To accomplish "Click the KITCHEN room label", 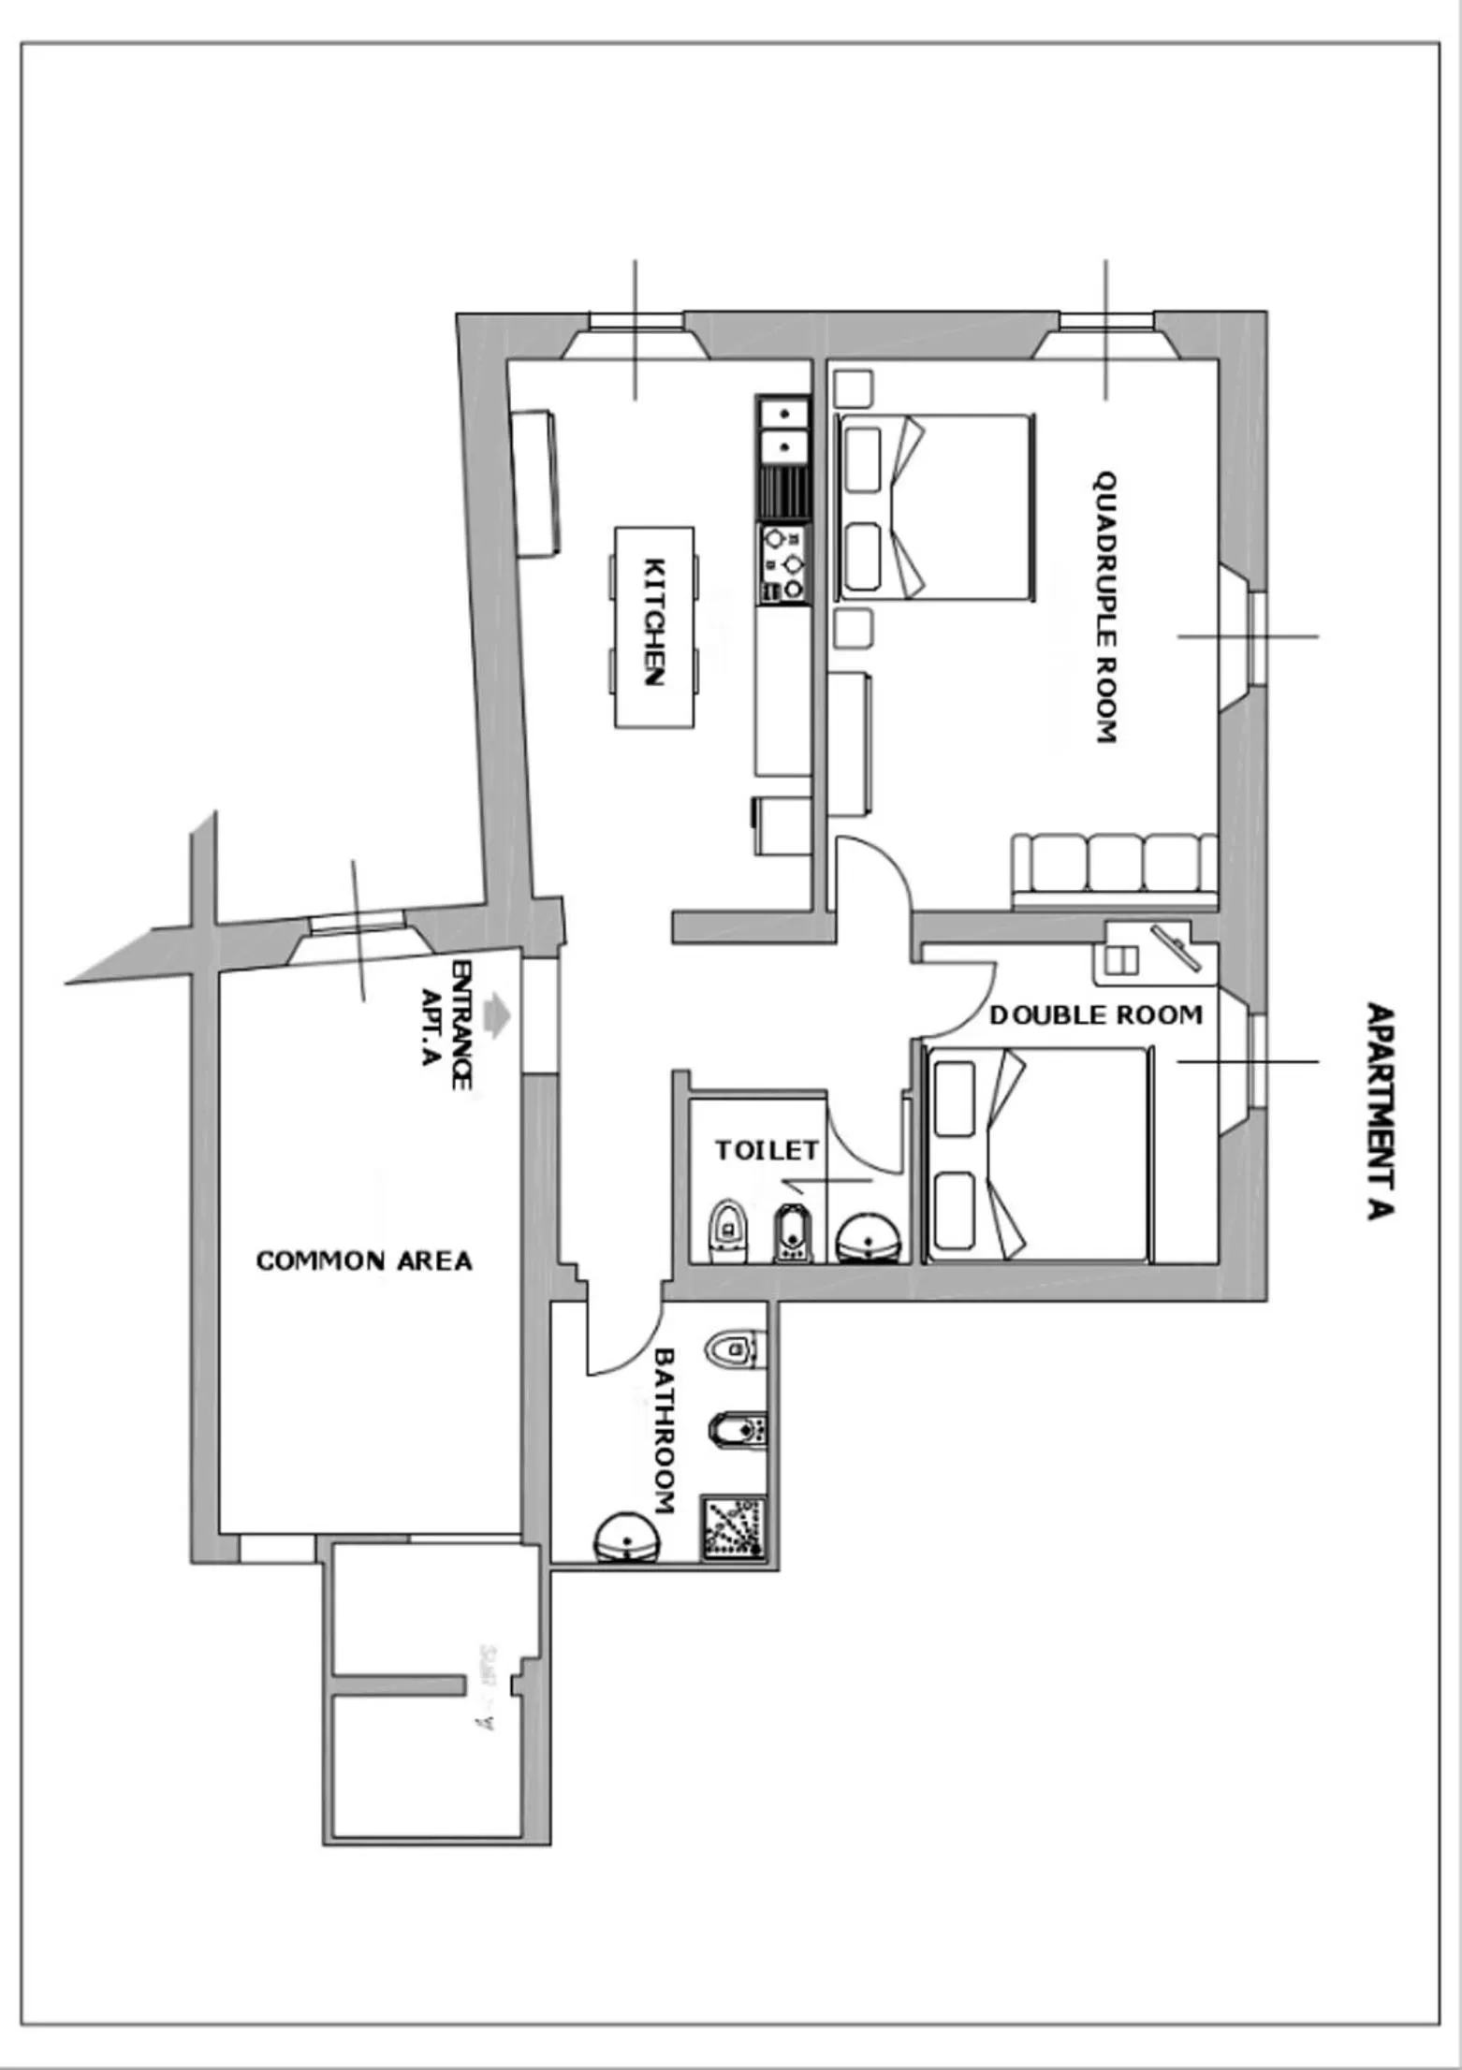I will click(x=655, y=622).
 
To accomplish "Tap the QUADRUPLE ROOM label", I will click(x=1106, y=607).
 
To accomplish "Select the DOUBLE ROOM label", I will click(x=1095, y=1015).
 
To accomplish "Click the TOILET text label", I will click(x=767, y=1150).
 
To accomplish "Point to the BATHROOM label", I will click(x=664, y=1431).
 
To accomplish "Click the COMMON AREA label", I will click(x=364, y=1261).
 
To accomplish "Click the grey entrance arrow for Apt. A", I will click(x=496, y=1015).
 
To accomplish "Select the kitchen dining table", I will click(x=654, y=627).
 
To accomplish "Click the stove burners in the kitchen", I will click(x=783, y=564).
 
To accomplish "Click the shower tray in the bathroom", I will click(x=735, y=1527).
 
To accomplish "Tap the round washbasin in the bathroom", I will click(x=627, y=1538).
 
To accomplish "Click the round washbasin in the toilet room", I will click(x=870, y=1239).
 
